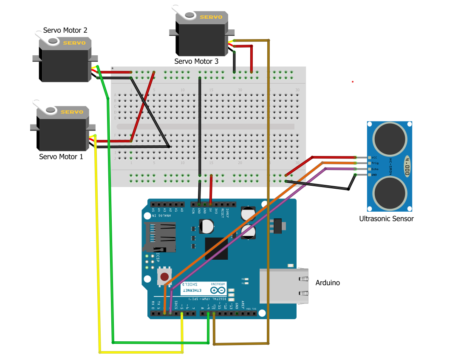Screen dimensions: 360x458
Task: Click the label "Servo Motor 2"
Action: click(x=65, y=31)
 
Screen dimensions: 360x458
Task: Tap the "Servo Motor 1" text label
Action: click(x=61, y=156)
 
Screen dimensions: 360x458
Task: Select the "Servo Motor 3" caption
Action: click(x=196, y=62)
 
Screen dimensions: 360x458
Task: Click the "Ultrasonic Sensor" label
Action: click(x=386, y=219)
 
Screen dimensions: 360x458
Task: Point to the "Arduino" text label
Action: click(x=328, y=283)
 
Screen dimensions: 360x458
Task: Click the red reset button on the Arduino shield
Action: click(x=164, y=277)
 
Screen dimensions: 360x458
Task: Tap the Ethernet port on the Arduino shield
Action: click(x=283, y=286)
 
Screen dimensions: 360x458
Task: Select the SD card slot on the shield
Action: click(x=160, y=236)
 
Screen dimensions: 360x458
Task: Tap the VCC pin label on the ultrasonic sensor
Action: click(x=374, y=158)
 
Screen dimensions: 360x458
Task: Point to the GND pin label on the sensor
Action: click(x=374, y=175)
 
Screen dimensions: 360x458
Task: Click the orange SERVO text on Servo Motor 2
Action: click(x=74, y=43)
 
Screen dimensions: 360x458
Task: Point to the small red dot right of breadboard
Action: click(x=353, y=82)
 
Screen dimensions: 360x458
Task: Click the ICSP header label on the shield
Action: click(x=157, y=257)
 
